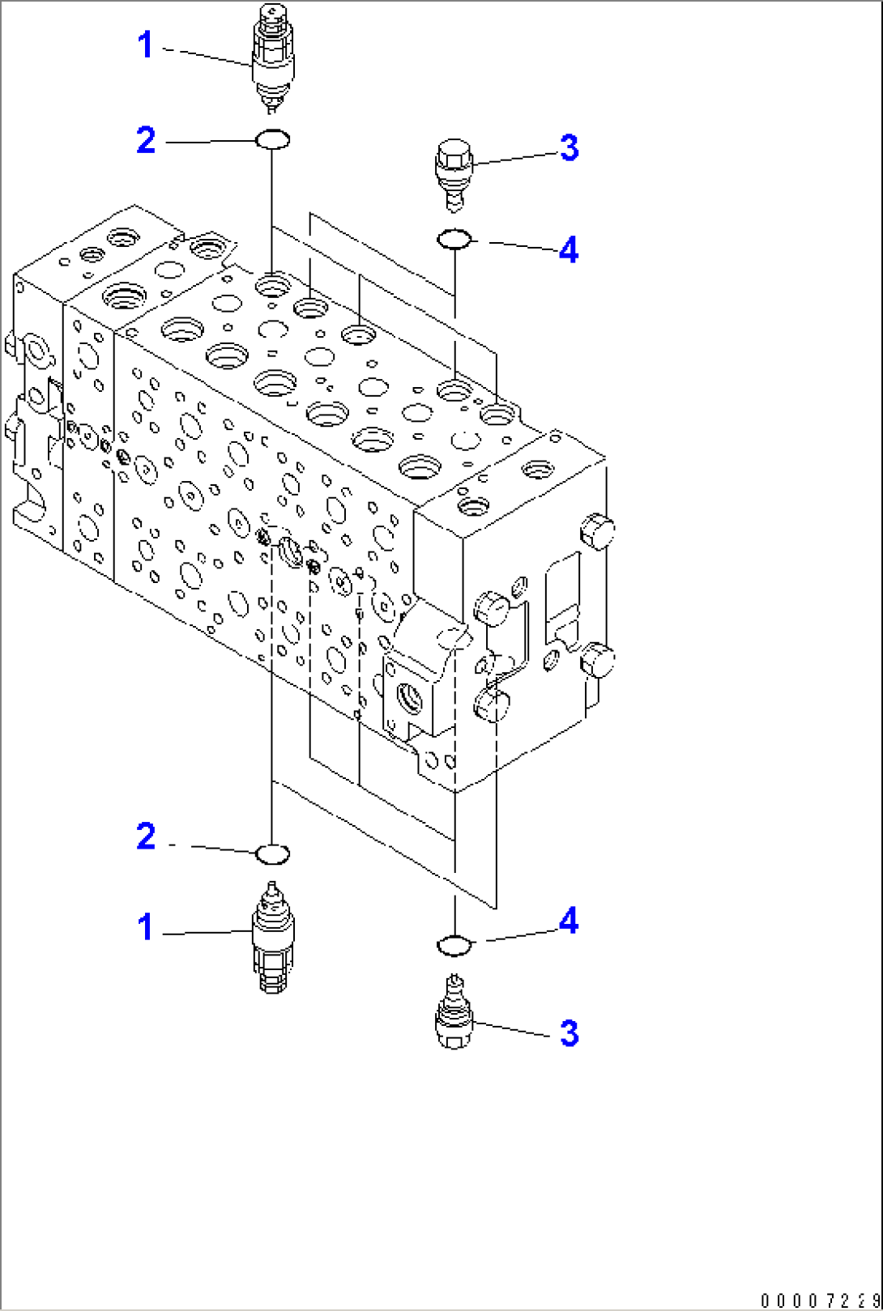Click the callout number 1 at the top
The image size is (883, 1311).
146,45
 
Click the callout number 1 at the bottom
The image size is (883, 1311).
146,927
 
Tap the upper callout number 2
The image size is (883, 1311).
146,141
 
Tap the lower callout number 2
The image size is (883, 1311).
146,836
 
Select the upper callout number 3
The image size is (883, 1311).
569,149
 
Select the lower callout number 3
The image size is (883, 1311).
569,1033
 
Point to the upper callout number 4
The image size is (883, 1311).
569,249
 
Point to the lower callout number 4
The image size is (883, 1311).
569,922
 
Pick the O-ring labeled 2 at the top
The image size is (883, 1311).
272,140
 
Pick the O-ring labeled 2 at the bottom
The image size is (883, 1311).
272,853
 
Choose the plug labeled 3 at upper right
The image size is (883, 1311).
454,170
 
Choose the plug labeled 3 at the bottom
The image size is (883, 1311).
454,1015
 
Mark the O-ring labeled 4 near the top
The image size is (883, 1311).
454,240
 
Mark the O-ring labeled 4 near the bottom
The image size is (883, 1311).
454,944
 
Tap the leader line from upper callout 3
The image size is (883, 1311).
515,159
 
